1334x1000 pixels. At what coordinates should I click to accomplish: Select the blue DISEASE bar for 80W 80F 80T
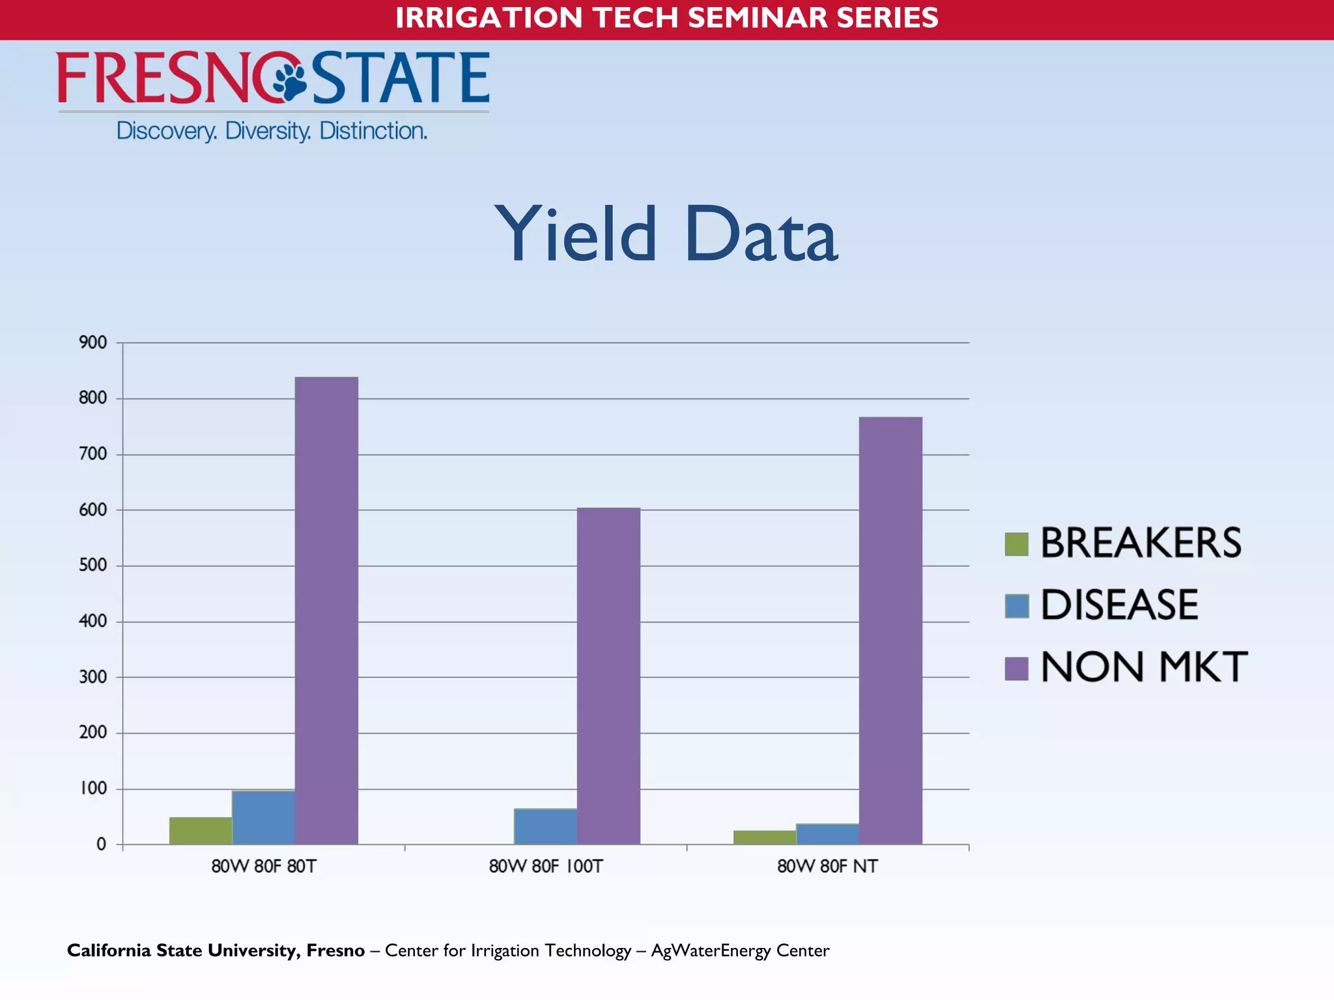[263, 818]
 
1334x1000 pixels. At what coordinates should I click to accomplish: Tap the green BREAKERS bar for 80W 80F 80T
[201, 831]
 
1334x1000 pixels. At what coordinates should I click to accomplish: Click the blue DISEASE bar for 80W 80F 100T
[545, 826]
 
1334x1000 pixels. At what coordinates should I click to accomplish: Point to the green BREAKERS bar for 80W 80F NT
[765, 837]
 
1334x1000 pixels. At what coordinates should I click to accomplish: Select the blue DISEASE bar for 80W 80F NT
[827, 834]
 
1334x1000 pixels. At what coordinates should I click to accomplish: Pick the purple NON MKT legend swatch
[1016, 668]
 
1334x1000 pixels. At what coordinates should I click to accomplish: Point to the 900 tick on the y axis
[93, 342]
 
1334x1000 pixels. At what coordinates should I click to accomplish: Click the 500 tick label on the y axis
[93, 565]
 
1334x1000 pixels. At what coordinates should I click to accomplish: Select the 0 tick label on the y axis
[101, 844]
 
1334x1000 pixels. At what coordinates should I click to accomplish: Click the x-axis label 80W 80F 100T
[546, 867]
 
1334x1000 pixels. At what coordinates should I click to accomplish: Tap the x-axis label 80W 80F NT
[827, 867]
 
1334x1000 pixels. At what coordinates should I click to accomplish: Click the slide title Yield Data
[666, 234]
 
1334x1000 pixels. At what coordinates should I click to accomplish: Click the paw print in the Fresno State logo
[289, 79]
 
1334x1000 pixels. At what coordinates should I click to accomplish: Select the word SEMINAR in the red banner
[756, 18]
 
